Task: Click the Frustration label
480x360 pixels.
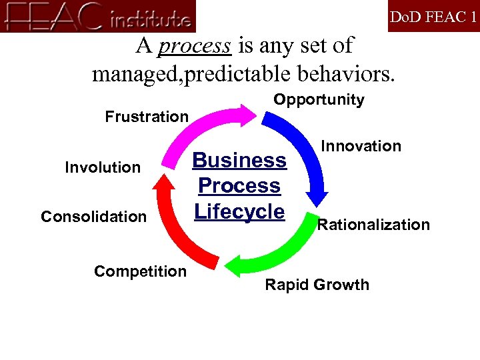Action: (x=147, y=117)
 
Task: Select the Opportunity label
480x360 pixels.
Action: (x=319, y=100)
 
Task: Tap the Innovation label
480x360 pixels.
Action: (x=361, y=146)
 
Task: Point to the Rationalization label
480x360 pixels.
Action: (x=373, y=225)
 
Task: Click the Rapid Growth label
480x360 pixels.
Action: (x=317, y=285)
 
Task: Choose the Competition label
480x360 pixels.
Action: (x=140, y=271)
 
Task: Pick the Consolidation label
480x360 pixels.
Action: (x=93, y=217)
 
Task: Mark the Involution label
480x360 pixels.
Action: (x=103, y=167)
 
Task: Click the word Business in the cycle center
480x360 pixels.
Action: (x=239, y=161)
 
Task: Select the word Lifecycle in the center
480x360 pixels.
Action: (x=239, y=211)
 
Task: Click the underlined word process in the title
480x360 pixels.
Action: (x=195, y=46)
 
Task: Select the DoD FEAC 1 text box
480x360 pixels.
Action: (x=433, y=17)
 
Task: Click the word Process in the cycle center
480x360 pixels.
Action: (x=239, y=186)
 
